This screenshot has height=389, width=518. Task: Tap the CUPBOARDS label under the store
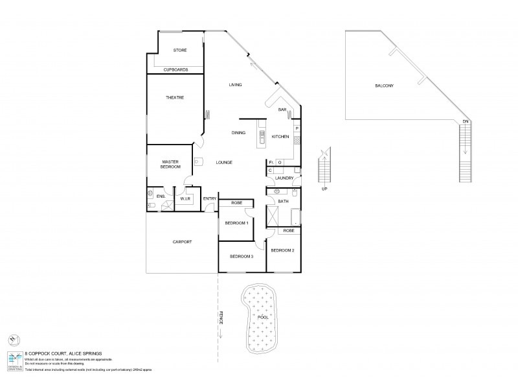pos(175,69)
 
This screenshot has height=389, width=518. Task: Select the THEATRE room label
pos(175,97)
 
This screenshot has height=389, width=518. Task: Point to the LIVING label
pos(235,85)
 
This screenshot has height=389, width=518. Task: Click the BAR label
pos(282,110)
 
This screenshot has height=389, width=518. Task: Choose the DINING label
pos(238,133)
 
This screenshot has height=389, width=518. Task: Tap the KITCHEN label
pos(280,136)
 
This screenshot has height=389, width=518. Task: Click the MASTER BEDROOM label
pos(170,164)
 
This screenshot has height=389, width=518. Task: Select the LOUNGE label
pos(224,162)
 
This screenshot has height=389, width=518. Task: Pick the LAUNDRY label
pos(284,178)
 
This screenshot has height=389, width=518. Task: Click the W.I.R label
pos(184,199)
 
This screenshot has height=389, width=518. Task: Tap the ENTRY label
pos(209,199)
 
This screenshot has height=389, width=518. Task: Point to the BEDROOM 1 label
pos(236,223)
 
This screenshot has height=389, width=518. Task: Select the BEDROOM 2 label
pos(283,250)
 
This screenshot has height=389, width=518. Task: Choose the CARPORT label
pos(182,242)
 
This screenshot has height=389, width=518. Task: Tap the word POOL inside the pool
pos(262,318)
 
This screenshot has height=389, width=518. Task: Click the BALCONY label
pos(384,86)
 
